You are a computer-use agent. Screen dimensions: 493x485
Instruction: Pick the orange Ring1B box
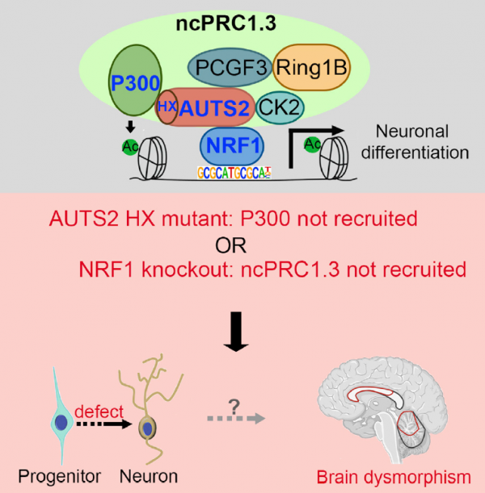[x=312, y=69]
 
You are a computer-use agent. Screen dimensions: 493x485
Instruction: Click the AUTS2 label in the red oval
[x=214, y=108]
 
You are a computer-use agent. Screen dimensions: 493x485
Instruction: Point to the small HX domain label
[x=167, y=107]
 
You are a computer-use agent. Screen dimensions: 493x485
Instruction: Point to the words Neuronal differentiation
[x=413, y=141]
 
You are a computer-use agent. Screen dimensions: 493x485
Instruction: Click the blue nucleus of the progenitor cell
[x=61, y=422]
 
